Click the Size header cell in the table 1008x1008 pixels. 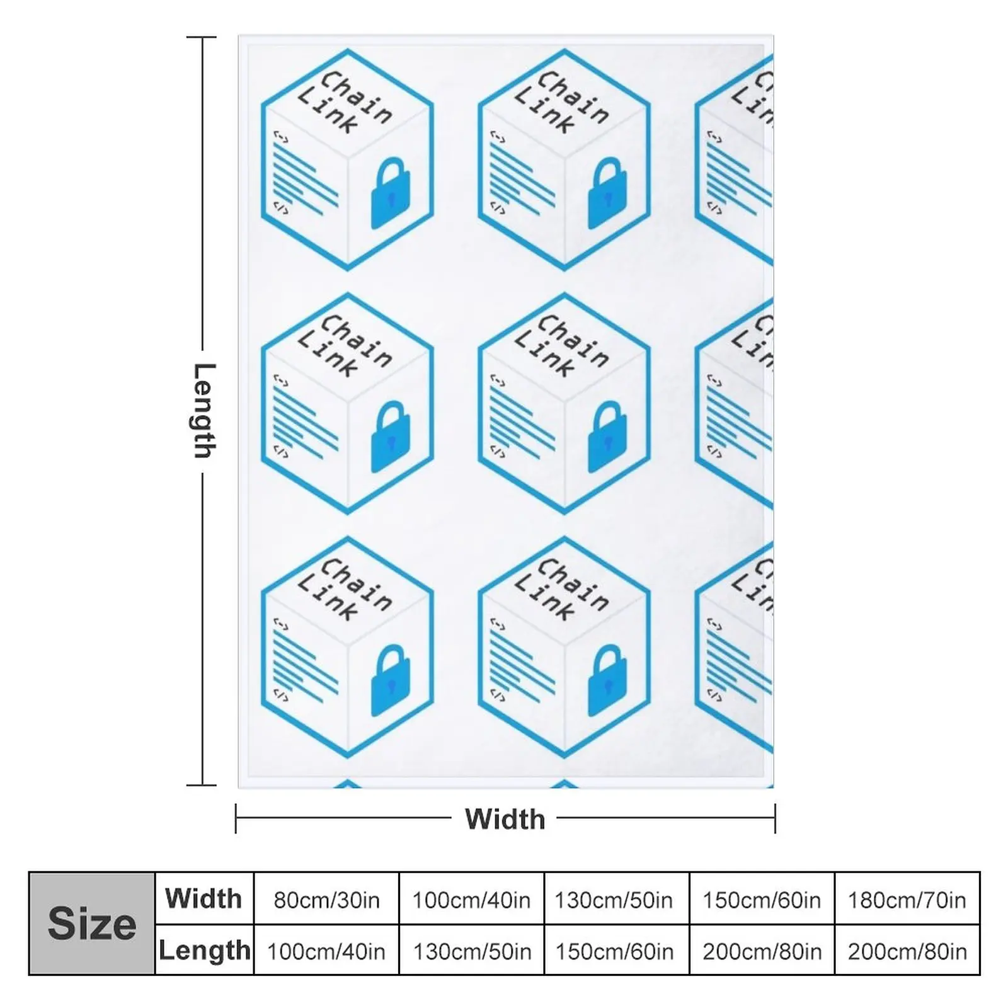click(92, 924)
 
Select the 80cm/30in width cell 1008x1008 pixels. click(326, 900)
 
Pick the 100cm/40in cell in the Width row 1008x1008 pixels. click(471, 900)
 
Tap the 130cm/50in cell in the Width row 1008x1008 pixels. click(614, 900)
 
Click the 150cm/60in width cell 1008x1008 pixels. click(762, 900)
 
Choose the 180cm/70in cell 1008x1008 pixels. click(907, 900)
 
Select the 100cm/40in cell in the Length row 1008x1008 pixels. click(326, 951)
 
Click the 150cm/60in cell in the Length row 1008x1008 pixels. click(614, 951)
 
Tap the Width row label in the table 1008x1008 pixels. click(203, 898)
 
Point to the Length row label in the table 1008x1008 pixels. click(204, 950)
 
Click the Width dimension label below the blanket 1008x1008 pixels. click(505, 819)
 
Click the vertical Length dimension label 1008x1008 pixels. click(204, 410)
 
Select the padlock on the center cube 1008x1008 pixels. click(607, 436)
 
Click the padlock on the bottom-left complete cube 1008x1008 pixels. click(391, 680)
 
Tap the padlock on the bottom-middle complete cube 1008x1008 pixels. click(607, 680)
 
